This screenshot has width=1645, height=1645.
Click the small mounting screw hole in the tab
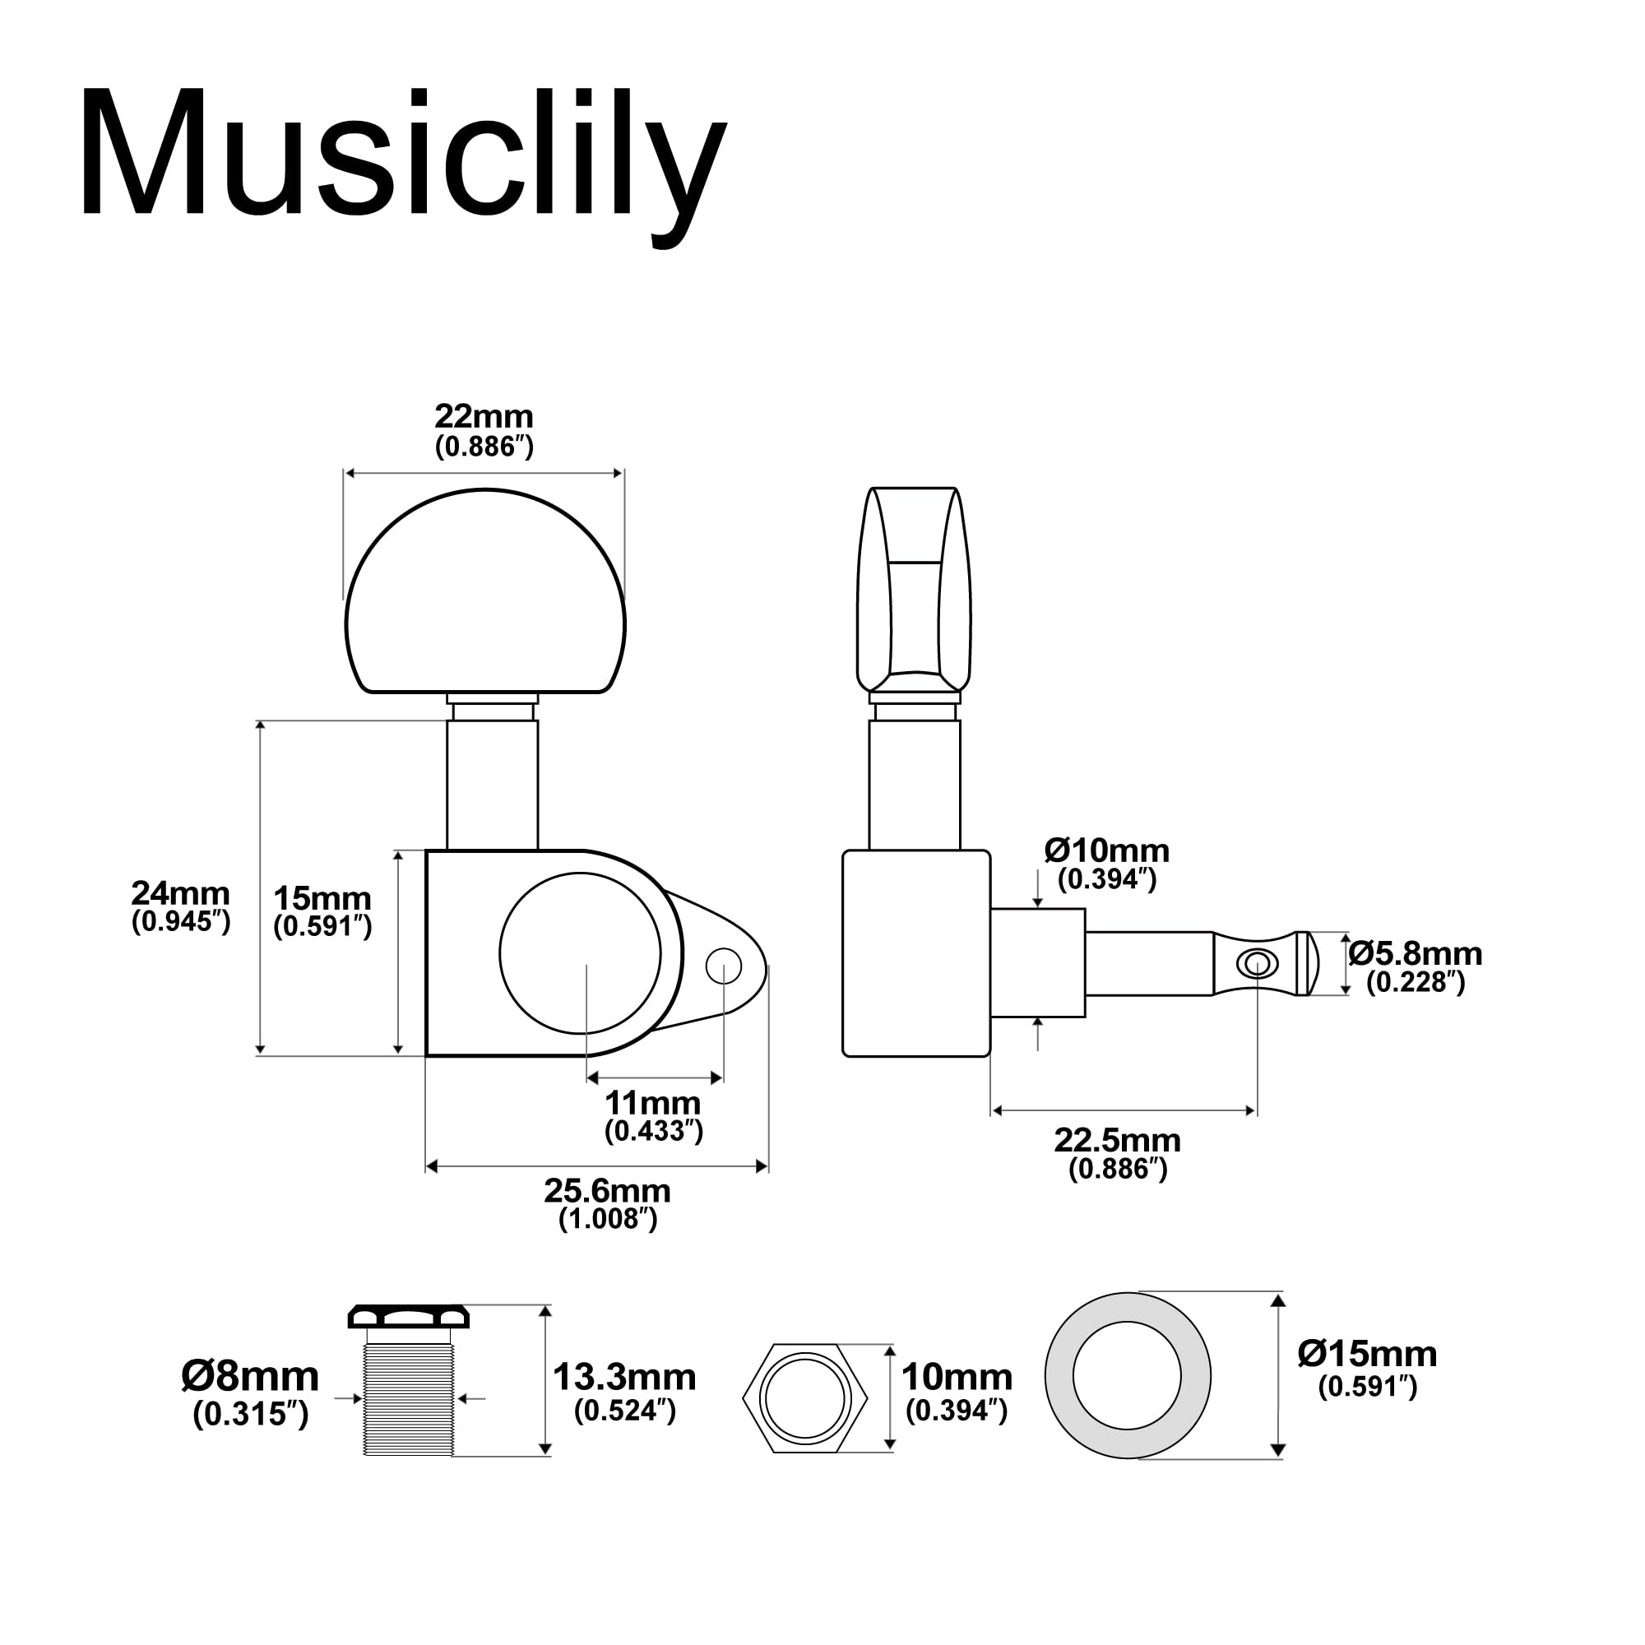[724, 966]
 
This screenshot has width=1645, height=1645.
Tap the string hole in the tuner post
[1257, 964]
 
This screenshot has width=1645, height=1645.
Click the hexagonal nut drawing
[804, 1398]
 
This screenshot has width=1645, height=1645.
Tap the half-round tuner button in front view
[485, 596]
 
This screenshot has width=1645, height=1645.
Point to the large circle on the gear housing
[580, 952]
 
